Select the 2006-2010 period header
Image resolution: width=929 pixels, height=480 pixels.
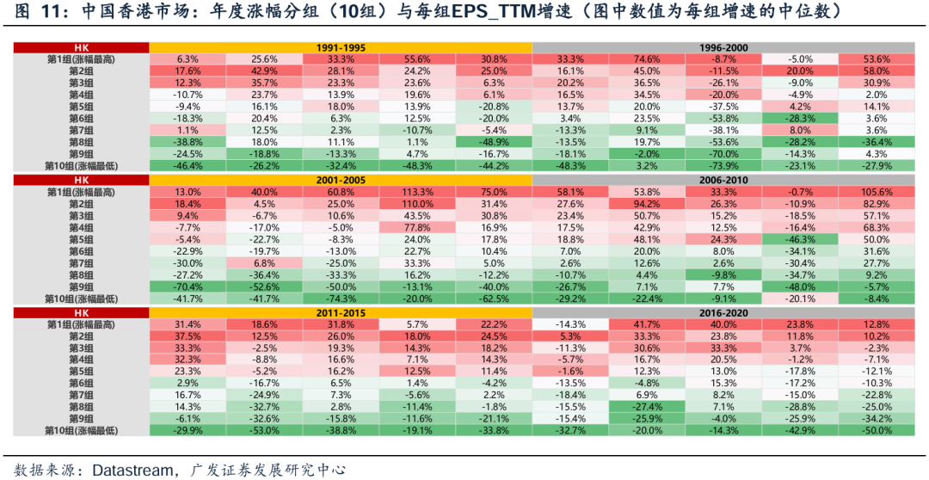(x=723, y=179)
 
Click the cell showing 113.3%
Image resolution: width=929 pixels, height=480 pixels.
(x=417, y=192)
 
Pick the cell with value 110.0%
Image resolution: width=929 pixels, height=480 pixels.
(x=417, y=203)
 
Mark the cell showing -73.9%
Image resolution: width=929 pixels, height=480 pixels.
(x=723, y=165)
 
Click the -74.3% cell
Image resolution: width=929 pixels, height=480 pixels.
(x=341, y=298)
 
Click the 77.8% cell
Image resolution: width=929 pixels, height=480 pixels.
(x=417, y=227)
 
